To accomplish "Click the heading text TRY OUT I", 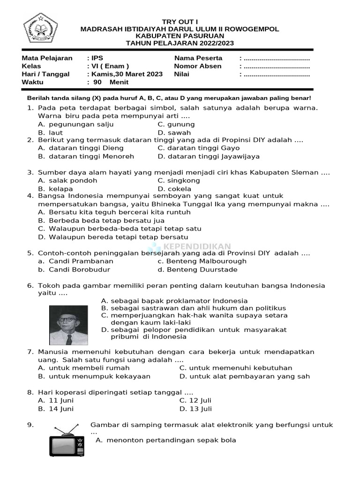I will point(180,22).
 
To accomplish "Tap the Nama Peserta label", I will point(198,58).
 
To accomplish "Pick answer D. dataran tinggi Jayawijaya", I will point(209,156).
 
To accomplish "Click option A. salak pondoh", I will point(67,180).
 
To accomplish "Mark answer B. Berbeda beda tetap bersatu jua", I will point(101,220).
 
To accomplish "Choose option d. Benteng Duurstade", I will point(197,270).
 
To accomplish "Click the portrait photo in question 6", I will point(68,325).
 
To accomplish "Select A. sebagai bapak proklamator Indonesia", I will point(174,300).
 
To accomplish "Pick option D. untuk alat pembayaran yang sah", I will point(244,376).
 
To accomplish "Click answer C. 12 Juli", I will point(195,400).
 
